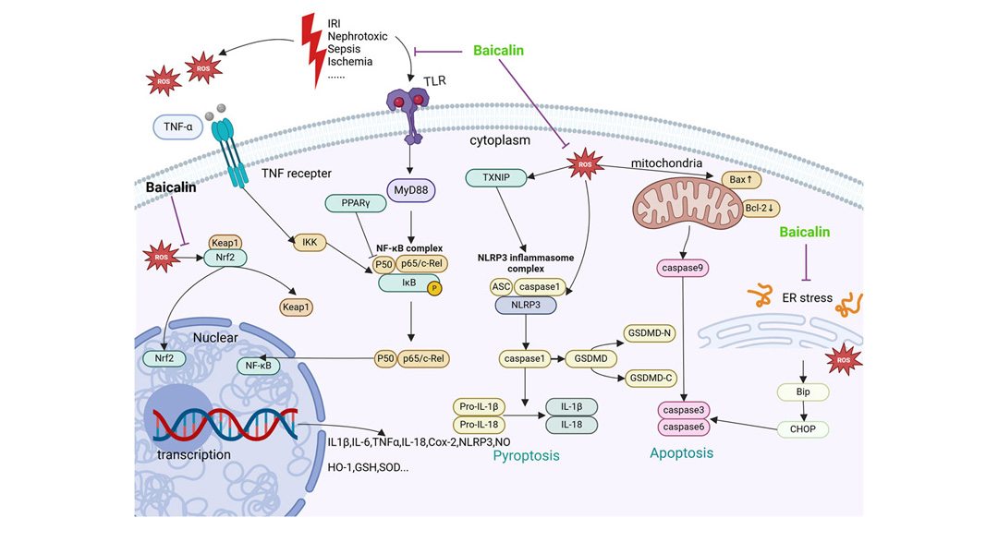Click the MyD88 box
click(410, 190)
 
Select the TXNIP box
click(496, 177)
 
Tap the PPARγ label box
click(356, 203)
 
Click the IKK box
click(310, 242)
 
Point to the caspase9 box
click(682, 268)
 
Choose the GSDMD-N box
click(650, 332)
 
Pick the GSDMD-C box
click(650, 378)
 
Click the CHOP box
click(803, 428)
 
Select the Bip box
click(803, 391)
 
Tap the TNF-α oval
click(178, 126)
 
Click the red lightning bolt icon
click(313, 50)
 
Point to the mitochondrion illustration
click(688, 203)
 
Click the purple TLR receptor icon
click(408, 114)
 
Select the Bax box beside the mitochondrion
click(741, 180)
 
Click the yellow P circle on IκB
click(434, 288)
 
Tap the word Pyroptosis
click(527, 455)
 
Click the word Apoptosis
click(681, 452)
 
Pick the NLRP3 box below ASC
click(526, 305)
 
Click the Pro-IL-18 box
click(479, 424)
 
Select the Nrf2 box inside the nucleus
click(164, 358)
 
